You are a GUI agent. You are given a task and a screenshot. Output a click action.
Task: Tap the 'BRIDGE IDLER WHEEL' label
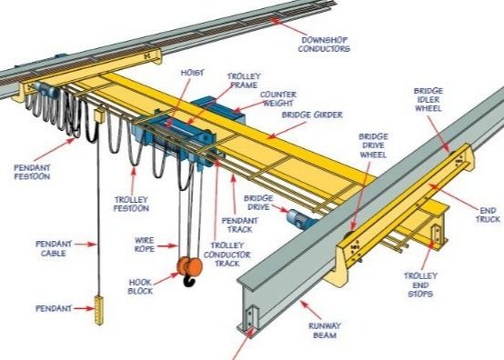click(429, 103)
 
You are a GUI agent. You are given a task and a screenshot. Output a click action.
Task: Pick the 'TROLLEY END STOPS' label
click(424, 284)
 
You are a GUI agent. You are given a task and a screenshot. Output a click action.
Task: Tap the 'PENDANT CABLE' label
click(53, 248)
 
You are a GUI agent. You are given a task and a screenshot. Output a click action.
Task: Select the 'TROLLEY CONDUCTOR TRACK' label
click(234, 257)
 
